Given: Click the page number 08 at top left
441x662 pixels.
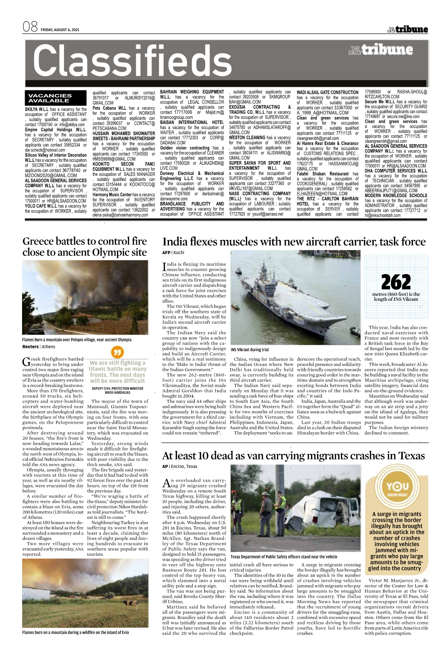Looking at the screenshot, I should pos(30,27).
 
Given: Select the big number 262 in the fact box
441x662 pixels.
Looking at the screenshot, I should pos(396,282).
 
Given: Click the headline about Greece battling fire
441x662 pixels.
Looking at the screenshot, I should pos(85,247).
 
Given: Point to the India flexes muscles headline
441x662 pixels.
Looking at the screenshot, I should pos(294,242).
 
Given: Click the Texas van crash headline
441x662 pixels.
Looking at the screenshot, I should pos(293,456).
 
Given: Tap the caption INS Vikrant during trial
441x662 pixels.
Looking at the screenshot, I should pos(250,350).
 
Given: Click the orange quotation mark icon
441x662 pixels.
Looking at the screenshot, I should pos(117,353).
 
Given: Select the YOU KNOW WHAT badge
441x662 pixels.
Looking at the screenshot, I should pos(397,489).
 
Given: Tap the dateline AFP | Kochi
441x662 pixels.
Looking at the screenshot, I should pos(173,253).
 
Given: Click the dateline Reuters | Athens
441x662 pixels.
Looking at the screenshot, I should pos(39,347).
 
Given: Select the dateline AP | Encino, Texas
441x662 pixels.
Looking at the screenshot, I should pos(180,467).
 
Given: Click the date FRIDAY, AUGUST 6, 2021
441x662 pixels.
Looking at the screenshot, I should pos(60,30).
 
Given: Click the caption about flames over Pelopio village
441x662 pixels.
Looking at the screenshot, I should pos(77,340).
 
